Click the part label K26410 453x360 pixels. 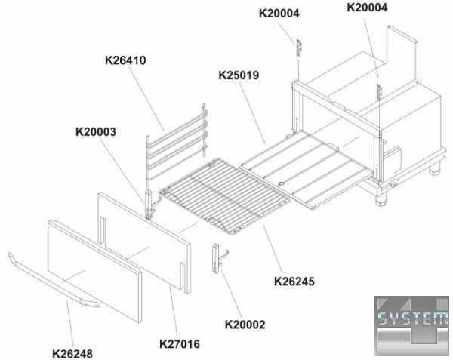click(x=125, y=60)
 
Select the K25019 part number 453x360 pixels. click(x=239, y=75)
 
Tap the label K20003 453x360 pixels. click(x=96, y=132)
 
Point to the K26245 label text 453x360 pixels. click(x=294, y=282)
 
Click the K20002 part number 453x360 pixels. click(x=245, y=325)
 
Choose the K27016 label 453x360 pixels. click(x=180, y=344)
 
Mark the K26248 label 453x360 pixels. click(x=72, y=354)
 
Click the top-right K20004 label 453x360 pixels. click(x=367, y=8)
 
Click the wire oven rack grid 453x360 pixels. click(x=225, y=195)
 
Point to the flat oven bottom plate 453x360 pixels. click(x=307, y=169)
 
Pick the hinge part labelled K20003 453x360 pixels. click(x=149, y=205)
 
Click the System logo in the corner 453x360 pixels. click(x=411, y=325)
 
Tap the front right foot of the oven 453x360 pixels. click(x=381, y=200)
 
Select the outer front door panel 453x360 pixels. click(x=95, y=271)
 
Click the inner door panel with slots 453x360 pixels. click(x=144, y=243)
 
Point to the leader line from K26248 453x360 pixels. click(x=70, y=324)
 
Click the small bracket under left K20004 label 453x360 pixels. click(x=299, y=47)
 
